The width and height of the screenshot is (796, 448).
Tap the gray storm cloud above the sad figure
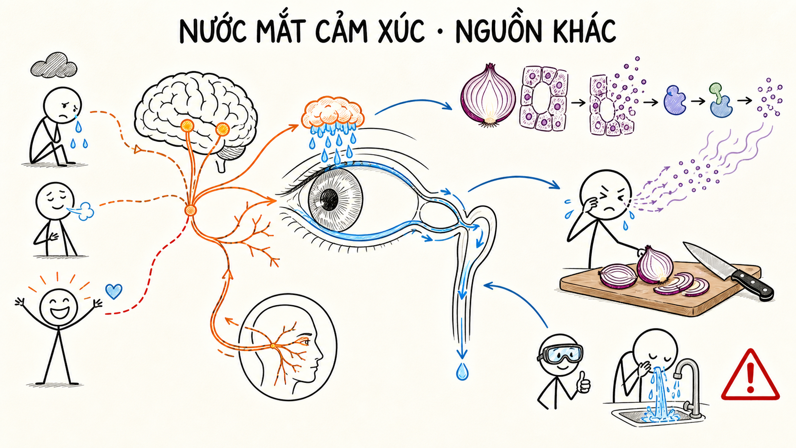54,65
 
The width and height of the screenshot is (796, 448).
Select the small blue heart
114,291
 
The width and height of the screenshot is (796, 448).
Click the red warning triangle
750,375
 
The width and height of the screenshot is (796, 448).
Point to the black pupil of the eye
329,199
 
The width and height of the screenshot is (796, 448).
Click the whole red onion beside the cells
488,95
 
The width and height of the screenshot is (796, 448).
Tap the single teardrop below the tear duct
462,372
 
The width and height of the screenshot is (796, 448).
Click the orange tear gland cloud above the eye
333,112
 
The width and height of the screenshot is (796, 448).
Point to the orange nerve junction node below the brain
190,210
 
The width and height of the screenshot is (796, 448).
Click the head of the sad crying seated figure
62,106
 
